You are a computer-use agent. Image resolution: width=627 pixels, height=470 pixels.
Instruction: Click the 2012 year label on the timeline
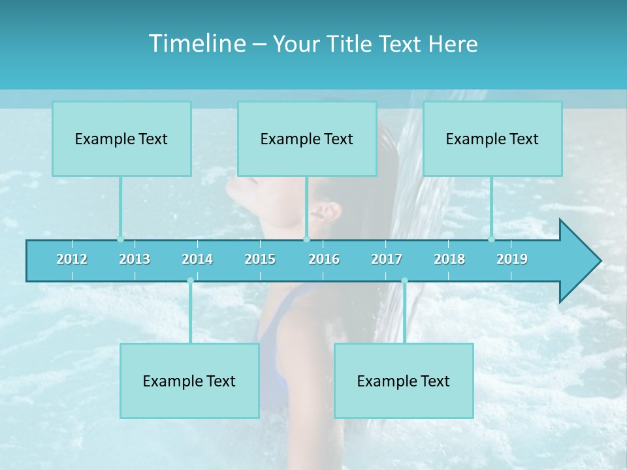72,259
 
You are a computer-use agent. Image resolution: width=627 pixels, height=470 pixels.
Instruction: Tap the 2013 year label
135,259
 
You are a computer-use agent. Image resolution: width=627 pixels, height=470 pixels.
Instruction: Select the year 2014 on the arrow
197,259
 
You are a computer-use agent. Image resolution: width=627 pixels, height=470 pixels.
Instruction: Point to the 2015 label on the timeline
260,259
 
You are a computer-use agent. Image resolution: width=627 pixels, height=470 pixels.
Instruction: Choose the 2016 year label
324,259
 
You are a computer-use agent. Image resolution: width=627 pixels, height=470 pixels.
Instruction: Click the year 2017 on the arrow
387,259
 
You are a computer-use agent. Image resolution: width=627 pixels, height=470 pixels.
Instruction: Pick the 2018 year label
449,259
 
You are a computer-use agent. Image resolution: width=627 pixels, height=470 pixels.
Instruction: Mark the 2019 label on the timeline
512,259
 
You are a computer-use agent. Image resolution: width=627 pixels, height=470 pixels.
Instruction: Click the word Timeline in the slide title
197,44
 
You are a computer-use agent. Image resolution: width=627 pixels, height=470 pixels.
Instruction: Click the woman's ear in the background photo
326,213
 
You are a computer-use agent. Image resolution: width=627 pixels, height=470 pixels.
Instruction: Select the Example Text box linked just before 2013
121,138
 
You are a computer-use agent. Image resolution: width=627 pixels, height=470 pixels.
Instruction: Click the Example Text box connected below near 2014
189,381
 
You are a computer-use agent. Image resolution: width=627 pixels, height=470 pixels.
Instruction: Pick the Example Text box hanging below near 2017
404,381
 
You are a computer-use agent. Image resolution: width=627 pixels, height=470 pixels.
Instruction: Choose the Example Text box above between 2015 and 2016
307,138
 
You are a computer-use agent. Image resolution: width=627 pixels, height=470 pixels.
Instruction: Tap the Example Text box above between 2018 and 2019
492,138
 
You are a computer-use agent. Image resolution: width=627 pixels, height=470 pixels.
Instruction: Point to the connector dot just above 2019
492,239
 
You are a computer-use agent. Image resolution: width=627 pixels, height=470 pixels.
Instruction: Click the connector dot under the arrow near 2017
404,281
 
